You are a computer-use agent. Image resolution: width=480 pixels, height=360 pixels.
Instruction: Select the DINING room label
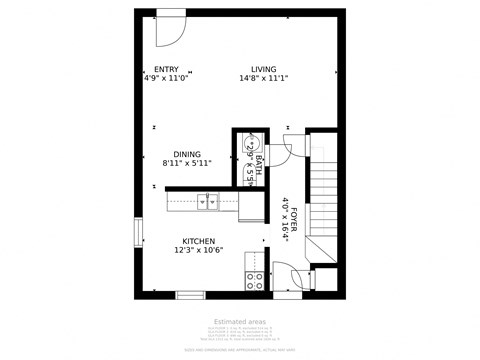187,153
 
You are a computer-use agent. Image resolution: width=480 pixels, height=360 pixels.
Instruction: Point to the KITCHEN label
198,241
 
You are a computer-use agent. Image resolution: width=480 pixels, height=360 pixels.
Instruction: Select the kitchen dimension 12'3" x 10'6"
198,251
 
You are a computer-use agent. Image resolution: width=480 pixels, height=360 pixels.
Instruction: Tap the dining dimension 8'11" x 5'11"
187,163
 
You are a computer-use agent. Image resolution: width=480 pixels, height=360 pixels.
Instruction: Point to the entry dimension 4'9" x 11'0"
165,77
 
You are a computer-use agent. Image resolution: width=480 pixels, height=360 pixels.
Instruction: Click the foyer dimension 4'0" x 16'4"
285,219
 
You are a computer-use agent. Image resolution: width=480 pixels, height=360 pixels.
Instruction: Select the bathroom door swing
280,148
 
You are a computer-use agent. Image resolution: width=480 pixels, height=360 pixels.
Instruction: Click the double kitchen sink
209,202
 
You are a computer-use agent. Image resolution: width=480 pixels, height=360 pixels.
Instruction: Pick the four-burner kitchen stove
255,280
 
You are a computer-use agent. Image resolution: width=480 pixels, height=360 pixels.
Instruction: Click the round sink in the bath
253,144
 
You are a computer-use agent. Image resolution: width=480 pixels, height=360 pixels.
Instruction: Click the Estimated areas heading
239,322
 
